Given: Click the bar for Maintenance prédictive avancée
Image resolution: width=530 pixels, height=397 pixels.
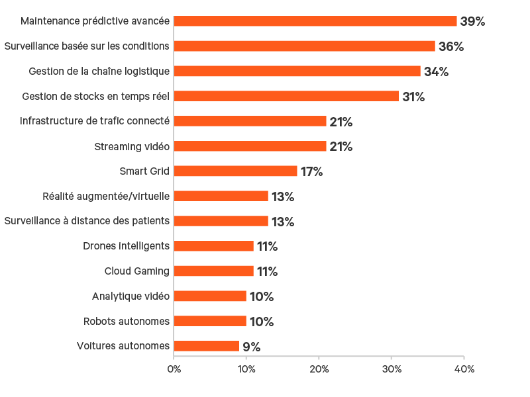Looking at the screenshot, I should click(x=315, y=21).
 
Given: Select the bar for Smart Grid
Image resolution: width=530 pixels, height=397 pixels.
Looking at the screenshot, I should click(x=235, y=171).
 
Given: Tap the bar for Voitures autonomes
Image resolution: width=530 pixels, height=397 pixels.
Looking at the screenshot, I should click(x=206, y=346).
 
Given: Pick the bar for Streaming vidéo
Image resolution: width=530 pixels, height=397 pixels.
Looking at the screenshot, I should click(x=250, y=146).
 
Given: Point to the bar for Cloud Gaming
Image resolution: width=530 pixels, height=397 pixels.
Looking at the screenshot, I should click(x=213, y=271).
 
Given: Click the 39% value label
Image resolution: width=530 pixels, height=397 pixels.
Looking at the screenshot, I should click(x=472, y=21).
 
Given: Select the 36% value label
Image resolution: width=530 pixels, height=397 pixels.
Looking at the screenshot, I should click(x=450, y=46).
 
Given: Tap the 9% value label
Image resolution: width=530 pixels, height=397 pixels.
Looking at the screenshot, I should click(x=251, y=346).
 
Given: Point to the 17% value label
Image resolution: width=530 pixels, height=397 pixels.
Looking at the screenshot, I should click(x=311, y=171).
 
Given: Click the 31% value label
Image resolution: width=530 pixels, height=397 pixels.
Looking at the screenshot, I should click(x=413, y=97).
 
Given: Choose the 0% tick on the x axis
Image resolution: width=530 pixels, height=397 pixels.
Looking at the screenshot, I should click(x=174, y=369).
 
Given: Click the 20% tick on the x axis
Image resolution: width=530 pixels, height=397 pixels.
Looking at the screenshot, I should click(x=319, y=369).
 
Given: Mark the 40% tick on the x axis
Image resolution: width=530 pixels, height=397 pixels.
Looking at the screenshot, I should click(x=464, y=369).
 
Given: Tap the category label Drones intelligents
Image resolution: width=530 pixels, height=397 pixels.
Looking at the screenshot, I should click(x=127, y=246).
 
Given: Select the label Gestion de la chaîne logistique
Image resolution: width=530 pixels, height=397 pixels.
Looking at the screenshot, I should click(x=99, y=71).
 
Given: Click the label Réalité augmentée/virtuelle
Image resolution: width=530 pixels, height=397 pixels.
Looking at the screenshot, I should click(x=106, y=197).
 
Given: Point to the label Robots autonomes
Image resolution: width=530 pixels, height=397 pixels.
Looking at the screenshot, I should click(x=127, y=322).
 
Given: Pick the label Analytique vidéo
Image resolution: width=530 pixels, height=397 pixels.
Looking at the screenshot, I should click(x=131, y=296).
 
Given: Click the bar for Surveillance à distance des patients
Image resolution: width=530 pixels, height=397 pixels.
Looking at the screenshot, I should click(x=221, y=221).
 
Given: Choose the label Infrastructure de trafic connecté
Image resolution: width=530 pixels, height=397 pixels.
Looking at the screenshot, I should click(x=95, y=121).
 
